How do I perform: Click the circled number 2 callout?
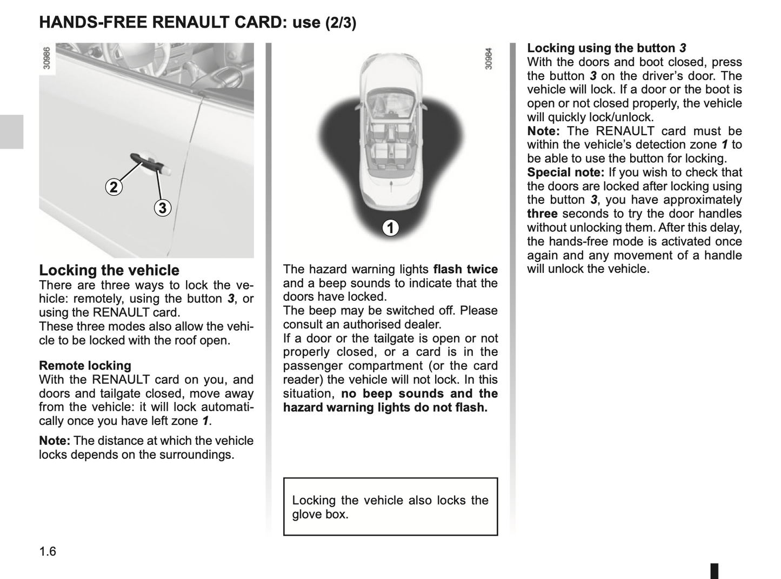click(114, 187)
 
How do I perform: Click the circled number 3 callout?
click(162, 208)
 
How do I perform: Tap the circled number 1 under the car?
click(390, 228)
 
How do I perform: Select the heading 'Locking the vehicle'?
click(109, 271)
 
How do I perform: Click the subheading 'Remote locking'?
click(85, 366)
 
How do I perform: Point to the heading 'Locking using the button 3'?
click(606, 48)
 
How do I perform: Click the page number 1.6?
click(48, 551)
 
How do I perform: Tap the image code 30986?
click(46, 58)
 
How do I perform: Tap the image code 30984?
click(489, 58)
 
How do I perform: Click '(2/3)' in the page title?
click(341, 23)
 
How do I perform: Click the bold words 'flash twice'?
click(465, 269)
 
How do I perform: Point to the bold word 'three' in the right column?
click(542, 214)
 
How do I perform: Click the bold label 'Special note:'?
click(565, 173)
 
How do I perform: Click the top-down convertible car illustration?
click(390, 130)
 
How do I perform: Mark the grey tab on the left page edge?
click(11, 131)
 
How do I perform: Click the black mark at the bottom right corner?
click(714, 571)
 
